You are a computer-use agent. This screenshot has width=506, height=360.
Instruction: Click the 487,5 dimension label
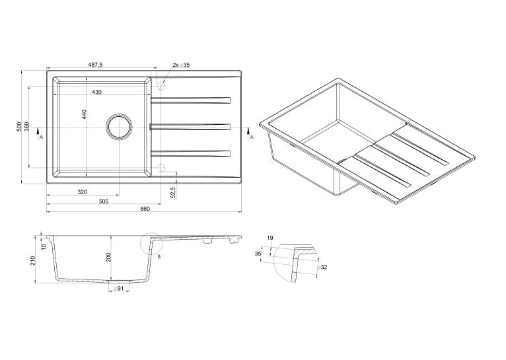point(96,65)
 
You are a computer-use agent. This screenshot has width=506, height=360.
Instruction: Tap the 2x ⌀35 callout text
point(182,65)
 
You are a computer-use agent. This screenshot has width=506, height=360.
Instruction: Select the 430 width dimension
point(97,92)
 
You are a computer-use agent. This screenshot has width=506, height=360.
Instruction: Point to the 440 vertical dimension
point(85,114)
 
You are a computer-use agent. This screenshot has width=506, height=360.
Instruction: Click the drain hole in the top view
point(120,127)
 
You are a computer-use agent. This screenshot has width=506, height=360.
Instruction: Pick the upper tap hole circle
point(161,87)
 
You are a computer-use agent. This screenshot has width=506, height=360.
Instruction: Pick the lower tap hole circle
point(161,167)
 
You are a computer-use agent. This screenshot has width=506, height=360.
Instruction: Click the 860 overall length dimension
point(145,209)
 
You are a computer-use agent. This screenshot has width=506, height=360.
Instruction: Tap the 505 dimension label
point(103,201)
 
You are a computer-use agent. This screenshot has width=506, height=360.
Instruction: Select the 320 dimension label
point(83,192)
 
